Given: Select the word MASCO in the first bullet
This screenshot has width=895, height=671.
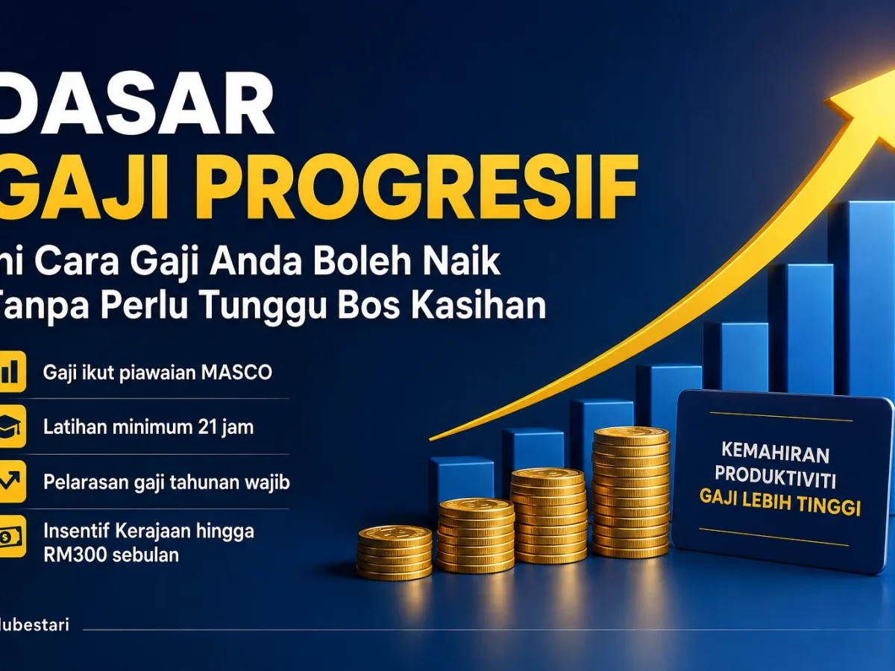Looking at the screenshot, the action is pyautogui.click(x=236, y=372).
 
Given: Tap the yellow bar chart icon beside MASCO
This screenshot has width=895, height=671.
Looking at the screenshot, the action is pyautogui.click(x=11, y=371).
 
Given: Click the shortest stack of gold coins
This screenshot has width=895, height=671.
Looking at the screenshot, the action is pyautogui.click(x=395, y=552).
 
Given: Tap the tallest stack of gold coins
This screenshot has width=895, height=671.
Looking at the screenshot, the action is pyautogui.click(x=631, y=492).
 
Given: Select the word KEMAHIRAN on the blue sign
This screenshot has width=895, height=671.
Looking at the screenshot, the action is pyautogui.click(x=775, y=453).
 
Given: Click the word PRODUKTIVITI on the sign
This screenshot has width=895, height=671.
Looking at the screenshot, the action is pyautogui.click(x=775, y=476).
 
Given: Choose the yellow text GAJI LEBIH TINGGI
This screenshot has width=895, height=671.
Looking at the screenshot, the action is pyautogui.click(x=780, y=503).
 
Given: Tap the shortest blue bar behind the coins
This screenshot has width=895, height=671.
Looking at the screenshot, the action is pyautogui.click(x=462, y=481).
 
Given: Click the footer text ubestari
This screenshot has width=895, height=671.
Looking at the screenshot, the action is pyautogui.click(x=35, y=625).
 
